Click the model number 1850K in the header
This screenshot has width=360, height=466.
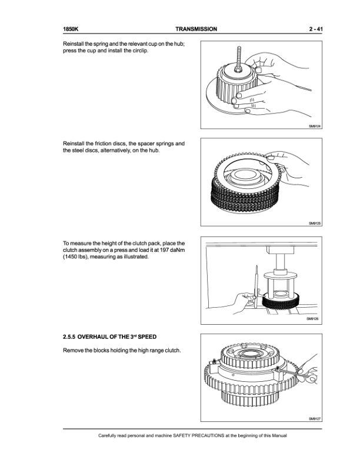point(71,29)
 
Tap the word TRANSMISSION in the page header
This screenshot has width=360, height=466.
point(196,29)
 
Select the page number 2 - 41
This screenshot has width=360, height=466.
point(315,29)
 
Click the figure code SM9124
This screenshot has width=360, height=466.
point(315,127)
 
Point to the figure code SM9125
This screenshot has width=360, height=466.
point(315,223)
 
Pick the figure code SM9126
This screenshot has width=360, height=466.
point(312,319)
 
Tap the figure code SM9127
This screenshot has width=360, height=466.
point(315,419)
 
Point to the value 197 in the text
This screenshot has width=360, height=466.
point(164,250)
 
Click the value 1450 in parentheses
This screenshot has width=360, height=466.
point(71,257)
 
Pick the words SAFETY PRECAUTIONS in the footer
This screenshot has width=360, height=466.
point(198,435)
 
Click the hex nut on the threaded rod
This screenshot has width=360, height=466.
point(238,69)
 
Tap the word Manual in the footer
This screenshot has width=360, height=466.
point(279,435)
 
